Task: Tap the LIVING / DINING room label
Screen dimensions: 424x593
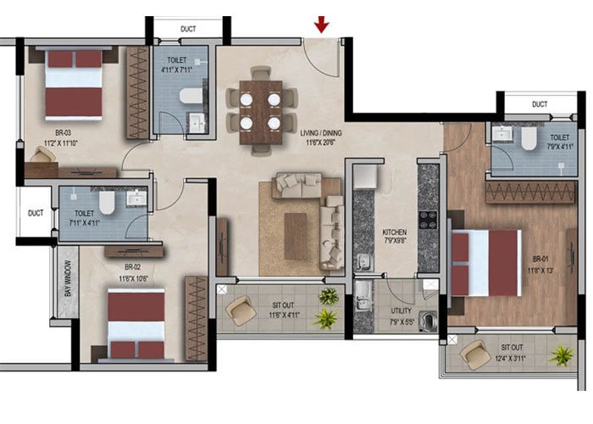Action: [x=324, y=132]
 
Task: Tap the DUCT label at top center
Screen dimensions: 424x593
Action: [x=188, y=29]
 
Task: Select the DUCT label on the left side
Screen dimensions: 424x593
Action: [x=35, y=214]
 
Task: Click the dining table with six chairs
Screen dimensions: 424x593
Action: [x=260, y=110]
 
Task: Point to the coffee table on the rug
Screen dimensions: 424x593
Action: [x=296, y=235]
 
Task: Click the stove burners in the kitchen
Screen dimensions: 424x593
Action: [x=429, y=222]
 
